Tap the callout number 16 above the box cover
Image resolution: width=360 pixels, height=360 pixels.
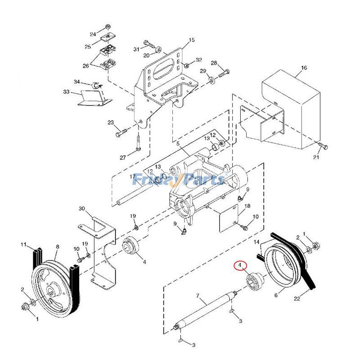pos(304,68)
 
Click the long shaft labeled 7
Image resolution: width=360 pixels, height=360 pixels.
pos(205,310)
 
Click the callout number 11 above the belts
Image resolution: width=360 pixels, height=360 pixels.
pos(24,244)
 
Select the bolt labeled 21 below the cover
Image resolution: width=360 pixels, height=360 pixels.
pos(323,146)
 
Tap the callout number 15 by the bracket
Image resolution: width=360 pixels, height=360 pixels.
pos(192,40)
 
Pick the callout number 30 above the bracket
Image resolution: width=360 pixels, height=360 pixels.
pos(81,208)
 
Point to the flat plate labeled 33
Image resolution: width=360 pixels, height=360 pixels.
pos(92,99)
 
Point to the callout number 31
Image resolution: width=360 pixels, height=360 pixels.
pos(136,49)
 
